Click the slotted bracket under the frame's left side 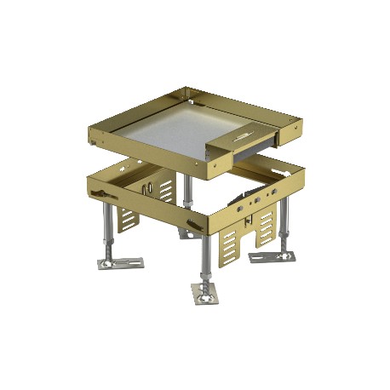coord(125,219)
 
